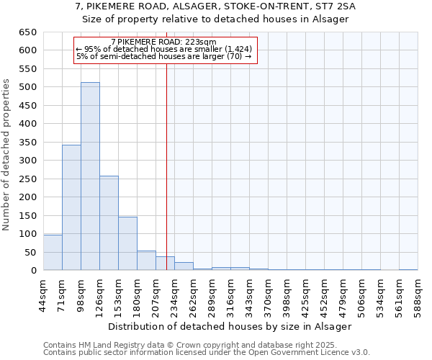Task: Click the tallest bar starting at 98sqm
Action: coord(90,176)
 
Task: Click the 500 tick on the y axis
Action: coord(28,87)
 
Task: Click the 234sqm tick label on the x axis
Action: coord(174,295)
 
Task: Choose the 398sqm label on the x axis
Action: coord(287,295)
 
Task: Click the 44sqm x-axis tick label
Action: coord(43,295)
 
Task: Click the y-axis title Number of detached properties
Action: coord(8,156)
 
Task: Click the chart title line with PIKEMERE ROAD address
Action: coord(215,6)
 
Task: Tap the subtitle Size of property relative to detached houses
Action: coord(215,19)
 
